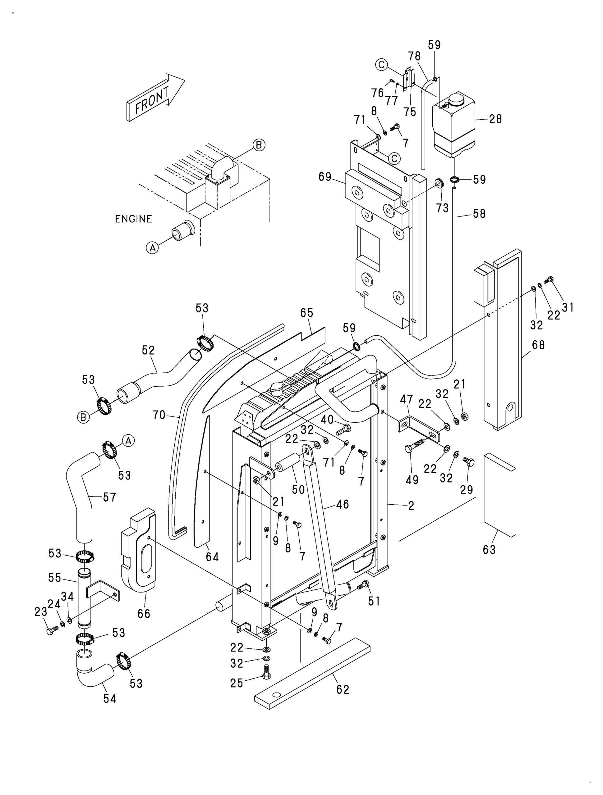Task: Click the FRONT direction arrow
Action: point(155,98)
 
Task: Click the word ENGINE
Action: point(133,219)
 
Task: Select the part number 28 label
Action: point(495,119)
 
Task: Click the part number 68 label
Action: point(538,345)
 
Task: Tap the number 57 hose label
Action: point(109,497)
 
